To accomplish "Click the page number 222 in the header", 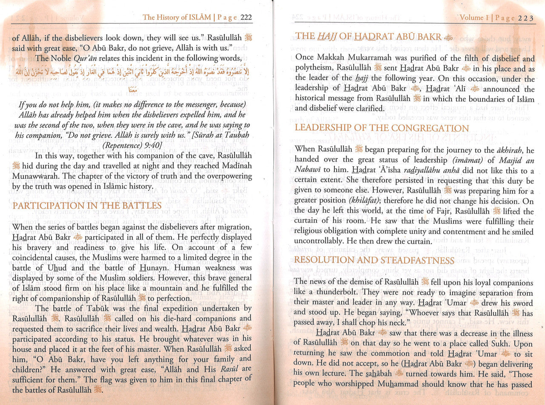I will point(246,17).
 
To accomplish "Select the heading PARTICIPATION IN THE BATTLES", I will point(87,205).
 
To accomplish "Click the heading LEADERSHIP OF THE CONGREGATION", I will point(382,128).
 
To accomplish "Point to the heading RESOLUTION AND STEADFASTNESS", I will point(374,260).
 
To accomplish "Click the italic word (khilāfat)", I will point(370,200).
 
